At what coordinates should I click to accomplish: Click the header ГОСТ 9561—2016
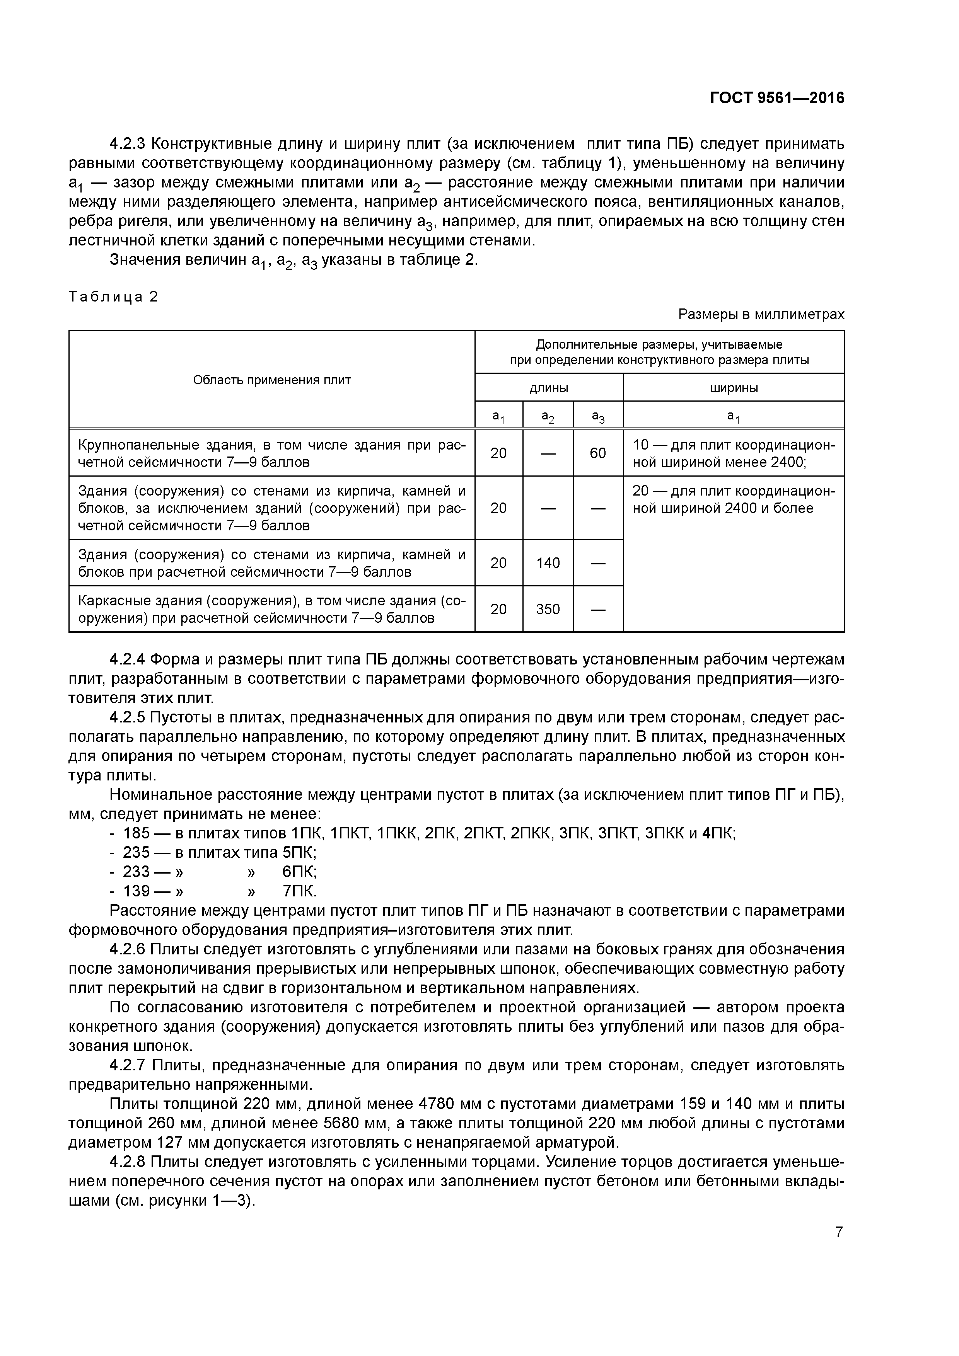776,98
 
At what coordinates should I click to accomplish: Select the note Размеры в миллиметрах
761,314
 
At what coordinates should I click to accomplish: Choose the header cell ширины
733,388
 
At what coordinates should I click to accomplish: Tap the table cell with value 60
597,453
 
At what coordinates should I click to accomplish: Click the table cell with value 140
548,563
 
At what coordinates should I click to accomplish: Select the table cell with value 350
548,609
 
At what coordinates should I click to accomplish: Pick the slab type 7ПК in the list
300,891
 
